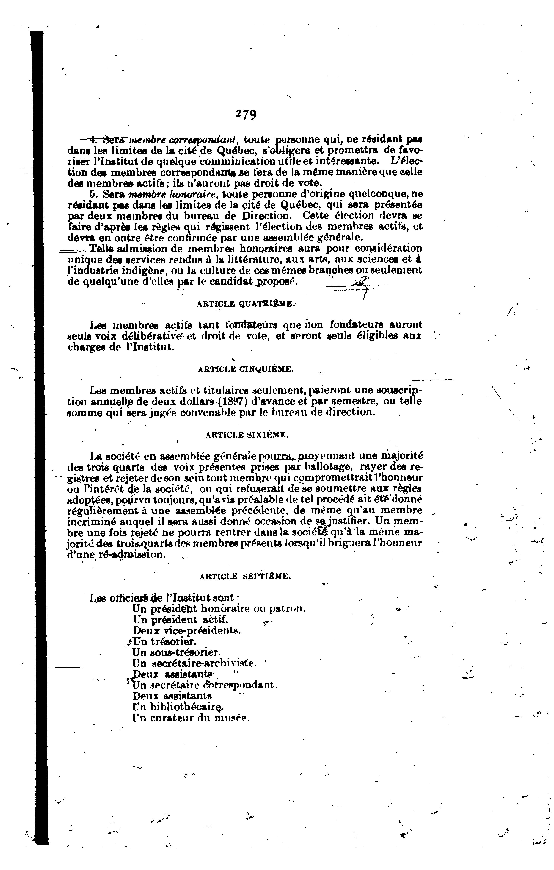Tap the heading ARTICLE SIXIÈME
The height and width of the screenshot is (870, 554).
click(x=247, y=435)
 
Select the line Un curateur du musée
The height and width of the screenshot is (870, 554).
click(x=191, y=718)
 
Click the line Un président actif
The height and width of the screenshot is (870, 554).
click(x=181, y=620)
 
